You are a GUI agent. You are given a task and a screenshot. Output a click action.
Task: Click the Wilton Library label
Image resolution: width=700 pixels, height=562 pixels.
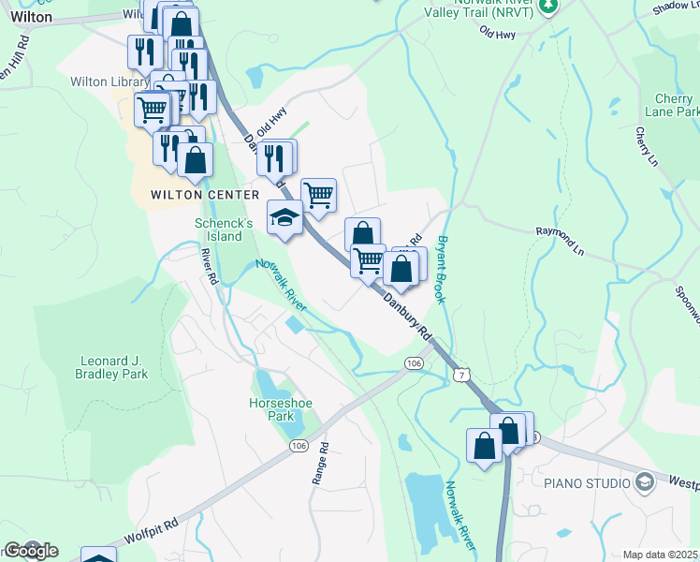point(109,82)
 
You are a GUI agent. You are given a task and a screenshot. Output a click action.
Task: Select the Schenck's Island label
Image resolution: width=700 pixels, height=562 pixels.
point(224,229)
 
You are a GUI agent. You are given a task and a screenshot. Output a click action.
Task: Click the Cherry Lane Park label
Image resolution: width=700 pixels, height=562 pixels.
point(673,105)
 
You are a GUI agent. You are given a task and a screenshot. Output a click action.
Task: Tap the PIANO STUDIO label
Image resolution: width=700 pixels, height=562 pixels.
point(586,483)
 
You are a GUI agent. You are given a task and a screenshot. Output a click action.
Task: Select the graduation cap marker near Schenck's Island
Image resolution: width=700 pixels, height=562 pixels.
point(285,218)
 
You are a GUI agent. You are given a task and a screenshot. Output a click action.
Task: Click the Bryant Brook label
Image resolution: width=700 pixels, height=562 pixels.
point(444,268)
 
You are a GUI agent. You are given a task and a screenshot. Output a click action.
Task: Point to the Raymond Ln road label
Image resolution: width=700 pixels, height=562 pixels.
point(559,230)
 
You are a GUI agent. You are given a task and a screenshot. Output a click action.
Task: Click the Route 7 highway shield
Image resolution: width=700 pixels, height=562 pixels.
point(459,374)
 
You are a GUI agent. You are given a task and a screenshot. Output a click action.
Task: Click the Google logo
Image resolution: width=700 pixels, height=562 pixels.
point(30,550)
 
